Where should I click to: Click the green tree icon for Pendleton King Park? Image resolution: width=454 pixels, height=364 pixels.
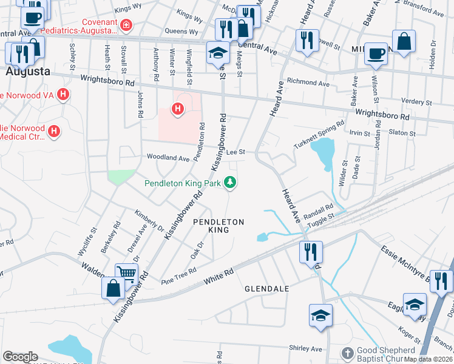[x=229, y=181]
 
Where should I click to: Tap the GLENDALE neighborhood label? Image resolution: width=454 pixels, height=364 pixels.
[x=266, y=289]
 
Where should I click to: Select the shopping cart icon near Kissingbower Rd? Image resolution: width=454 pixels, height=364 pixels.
[x=126, y=273]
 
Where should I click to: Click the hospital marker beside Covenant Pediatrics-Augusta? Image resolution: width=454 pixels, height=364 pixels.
[x=126, y=25]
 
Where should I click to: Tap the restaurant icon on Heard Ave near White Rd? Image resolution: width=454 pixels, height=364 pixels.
[x=311, y=252]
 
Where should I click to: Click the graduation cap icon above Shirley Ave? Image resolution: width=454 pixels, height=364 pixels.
[x=320, y=315]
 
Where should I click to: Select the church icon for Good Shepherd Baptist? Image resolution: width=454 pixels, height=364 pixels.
[x=347, y=352]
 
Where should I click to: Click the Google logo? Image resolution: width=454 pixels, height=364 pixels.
[x=20, y=356]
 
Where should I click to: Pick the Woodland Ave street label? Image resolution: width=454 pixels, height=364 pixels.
[x=167, y=158]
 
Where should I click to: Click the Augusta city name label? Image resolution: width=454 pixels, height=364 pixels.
[x=27, y=72]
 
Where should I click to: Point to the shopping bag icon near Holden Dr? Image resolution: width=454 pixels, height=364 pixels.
[x=404, y=41]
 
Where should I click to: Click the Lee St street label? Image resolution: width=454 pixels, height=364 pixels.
[x=235, y=152]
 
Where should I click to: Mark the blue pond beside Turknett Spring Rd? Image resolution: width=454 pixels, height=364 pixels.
[x=323, y=152]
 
